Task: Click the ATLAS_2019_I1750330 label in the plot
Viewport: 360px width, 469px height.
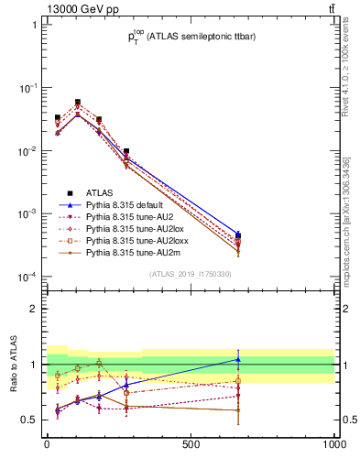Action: click(191, 274)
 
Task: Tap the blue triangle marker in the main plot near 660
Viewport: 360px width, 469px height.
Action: click(238, 235)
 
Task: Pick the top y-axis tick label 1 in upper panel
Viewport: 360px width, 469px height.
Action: click(36, 25)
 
